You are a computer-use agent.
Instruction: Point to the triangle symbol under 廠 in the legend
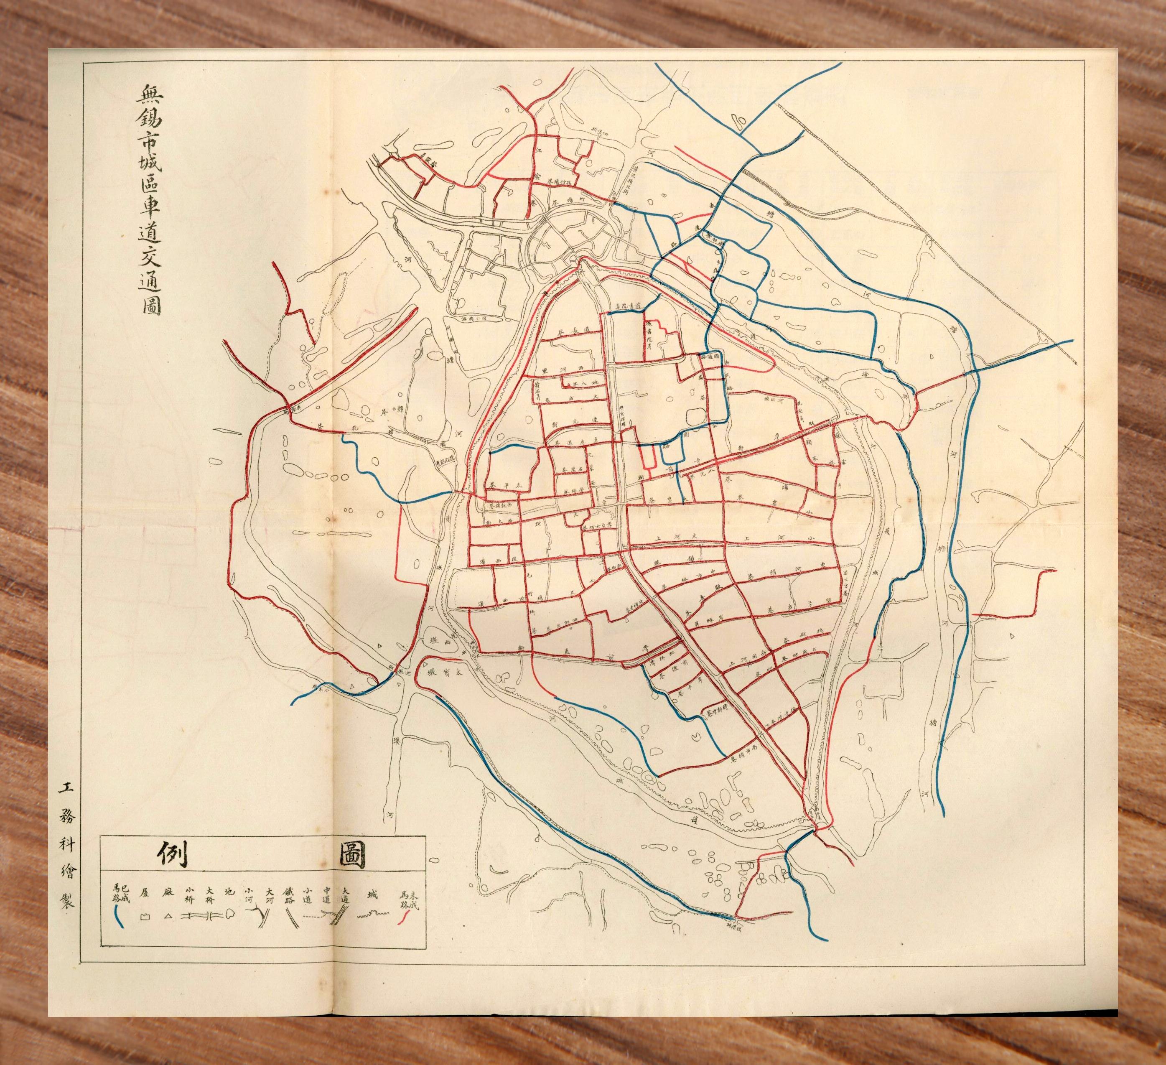(x=168, y=916)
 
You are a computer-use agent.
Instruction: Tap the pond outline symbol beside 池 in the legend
(x=230, y=913)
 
